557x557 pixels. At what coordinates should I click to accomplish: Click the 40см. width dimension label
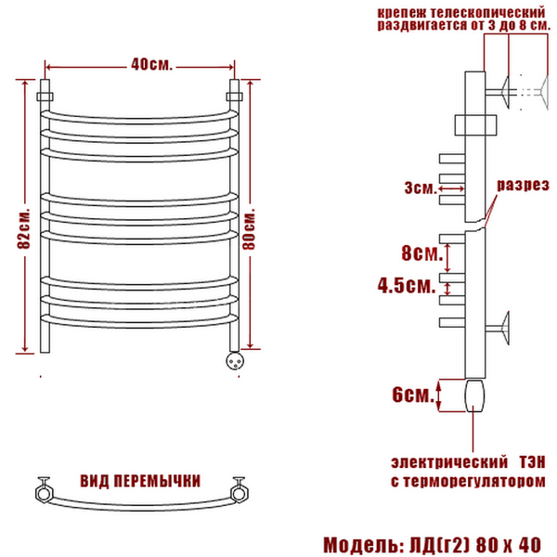151,64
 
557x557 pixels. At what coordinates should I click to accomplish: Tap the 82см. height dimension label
24,227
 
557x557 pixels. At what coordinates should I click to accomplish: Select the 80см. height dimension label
249,227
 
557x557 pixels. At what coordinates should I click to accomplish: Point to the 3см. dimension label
420,188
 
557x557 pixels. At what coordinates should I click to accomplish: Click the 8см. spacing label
422,253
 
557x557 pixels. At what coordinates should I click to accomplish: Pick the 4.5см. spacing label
407,285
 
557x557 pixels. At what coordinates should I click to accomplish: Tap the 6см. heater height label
413,395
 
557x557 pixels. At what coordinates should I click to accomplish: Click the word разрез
523,185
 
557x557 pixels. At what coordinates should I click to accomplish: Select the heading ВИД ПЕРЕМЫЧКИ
140,481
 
